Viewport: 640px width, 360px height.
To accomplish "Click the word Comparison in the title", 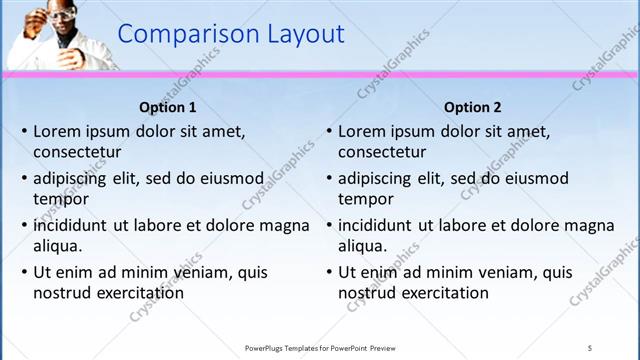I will point(188,34).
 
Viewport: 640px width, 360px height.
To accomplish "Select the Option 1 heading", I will point(168,107).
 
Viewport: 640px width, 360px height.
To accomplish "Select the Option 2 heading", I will point(473,107).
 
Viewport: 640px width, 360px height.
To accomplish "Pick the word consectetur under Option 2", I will point(382,153).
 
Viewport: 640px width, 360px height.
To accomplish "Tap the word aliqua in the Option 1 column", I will point(57,246).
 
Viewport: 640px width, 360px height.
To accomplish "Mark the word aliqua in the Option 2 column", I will point(362,246).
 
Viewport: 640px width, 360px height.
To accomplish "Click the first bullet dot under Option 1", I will point(24,131).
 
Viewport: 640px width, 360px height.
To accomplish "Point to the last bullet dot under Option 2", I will point(329,272).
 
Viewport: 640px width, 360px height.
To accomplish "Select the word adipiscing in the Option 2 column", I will point(375,178).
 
